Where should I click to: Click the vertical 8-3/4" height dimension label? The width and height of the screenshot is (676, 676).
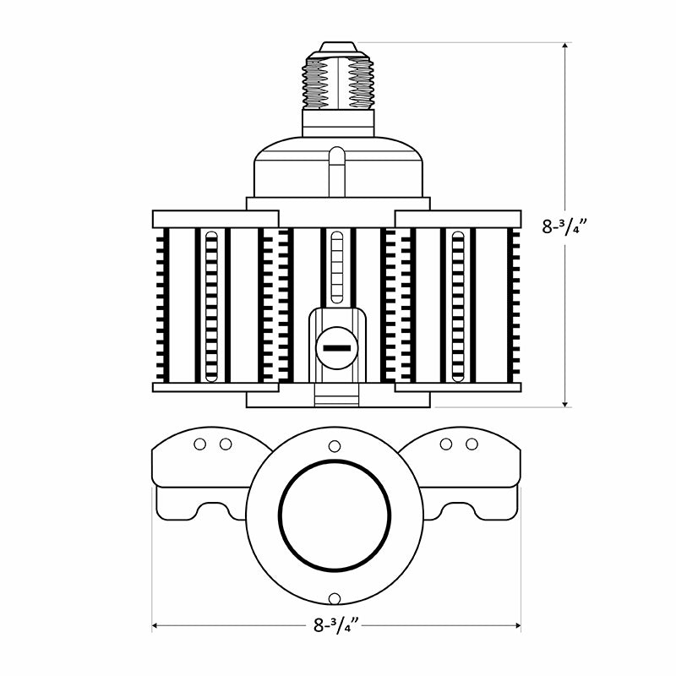pyautogui.click(x=565, y=226)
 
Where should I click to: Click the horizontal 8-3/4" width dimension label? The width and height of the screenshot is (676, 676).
pyautogui.click(x=336, y=626)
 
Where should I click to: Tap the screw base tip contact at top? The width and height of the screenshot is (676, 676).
pyautogui.click(x=338, y=46)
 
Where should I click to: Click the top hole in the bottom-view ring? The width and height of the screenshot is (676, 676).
pyautogui.click(x=335, y=445)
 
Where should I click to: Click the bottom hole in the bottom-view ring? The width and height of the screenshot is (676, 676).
pyautogui.click(x=335, y=598)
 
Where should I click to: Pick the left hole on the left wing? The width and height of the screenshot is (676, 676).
pyautogui.click(x=200, y=444)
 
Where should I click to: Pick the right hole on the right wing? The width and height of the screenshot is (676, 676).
pyautogui.click(x=472, y=444)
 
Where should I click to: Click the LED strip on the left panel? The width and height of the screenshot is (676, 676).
pyautogui.click(x=213, y=304)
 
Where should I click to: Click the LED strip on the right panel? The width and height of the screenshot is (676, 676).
pyautogui.click(x=457, y=304)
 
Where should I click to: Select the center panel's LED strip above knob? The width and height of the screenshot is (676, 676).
pyautogui.click(x=338, y=266)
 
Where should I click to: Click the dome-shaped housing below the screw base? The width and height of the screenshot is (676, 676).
pyautogui.click(x=338, y=169)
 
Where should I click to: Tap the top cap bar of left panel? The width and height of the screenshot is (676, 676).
pyautogui.click(x=215, y=219)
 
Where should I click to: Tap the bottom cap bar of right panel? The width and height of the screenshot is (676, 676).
pyautogui.click(x=459, y=387)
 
